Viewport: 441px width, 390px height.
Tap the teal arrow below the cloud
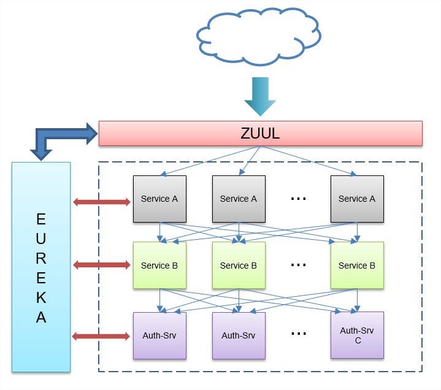coord(260,96)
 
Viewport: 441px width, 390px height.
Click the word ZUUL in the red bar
coord(260,133)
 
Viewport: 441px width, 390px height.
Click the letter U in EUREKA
coord(41,236)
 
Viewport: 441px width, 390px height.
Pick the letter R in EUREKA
coord(41,258)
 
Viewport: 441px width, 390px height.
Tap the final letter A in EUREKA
coord(41,318)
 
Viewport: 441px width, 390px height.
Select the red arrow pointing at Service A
coord(102,202)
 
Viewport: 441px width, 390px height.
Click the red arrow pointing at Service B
coord(102,265)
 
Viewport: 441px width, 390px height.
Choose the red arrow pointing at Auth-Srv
coord(102,336)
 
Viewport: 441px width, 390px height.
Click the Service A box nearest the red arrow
coord(159,199)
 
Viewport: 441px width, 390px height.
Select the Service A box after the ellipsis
coord(357,199)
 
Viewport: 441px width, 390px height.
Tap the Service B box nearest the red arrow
coord(159,265)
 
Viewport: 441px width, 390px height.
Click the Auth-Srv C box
coord(357,335)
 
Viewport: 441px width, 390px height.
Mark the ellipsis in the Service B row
coord(299,265)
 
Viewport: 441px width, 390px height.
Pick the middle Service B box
coord(239,265)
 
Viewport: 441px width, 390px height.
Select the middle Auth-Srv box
coord(239,335)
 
